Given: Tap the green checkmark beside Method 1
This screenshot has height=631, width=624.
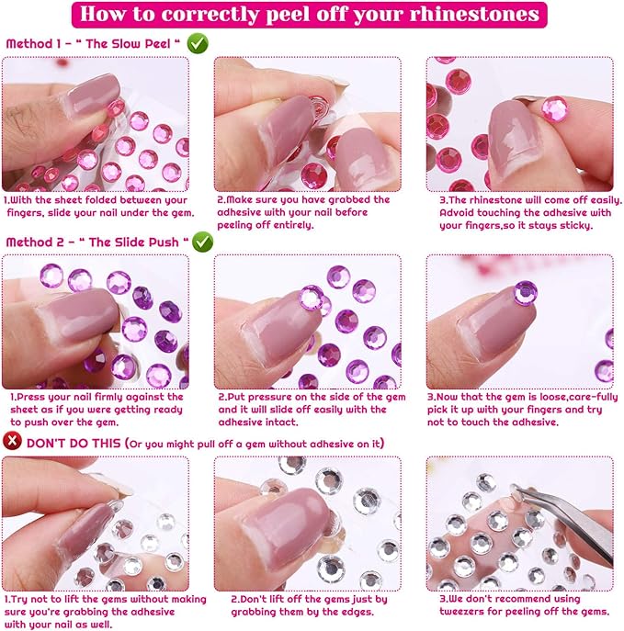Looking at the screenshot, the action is click(x=198, y=43).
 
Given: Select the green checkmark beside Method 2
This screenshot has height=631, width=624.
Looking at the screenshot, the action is click(x=202, y=242).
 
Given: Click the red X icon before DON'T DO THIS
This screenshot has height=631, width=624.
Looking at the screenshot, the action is click(x=12, y=441).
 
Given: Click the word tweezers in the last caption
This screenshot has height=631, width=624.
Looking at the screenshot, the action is click(x=462, y=612).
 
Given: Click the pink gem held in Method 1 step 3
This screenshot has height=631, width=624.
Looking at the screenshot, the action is click(x=555, y=108).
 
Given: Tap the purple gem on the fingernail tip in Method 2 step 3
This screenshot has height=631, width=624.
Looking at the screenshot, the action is click(x=526, y=293).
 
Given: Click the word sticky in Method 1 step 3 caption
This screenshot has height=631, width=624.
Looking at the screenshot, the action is click(x=574, y=225).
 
